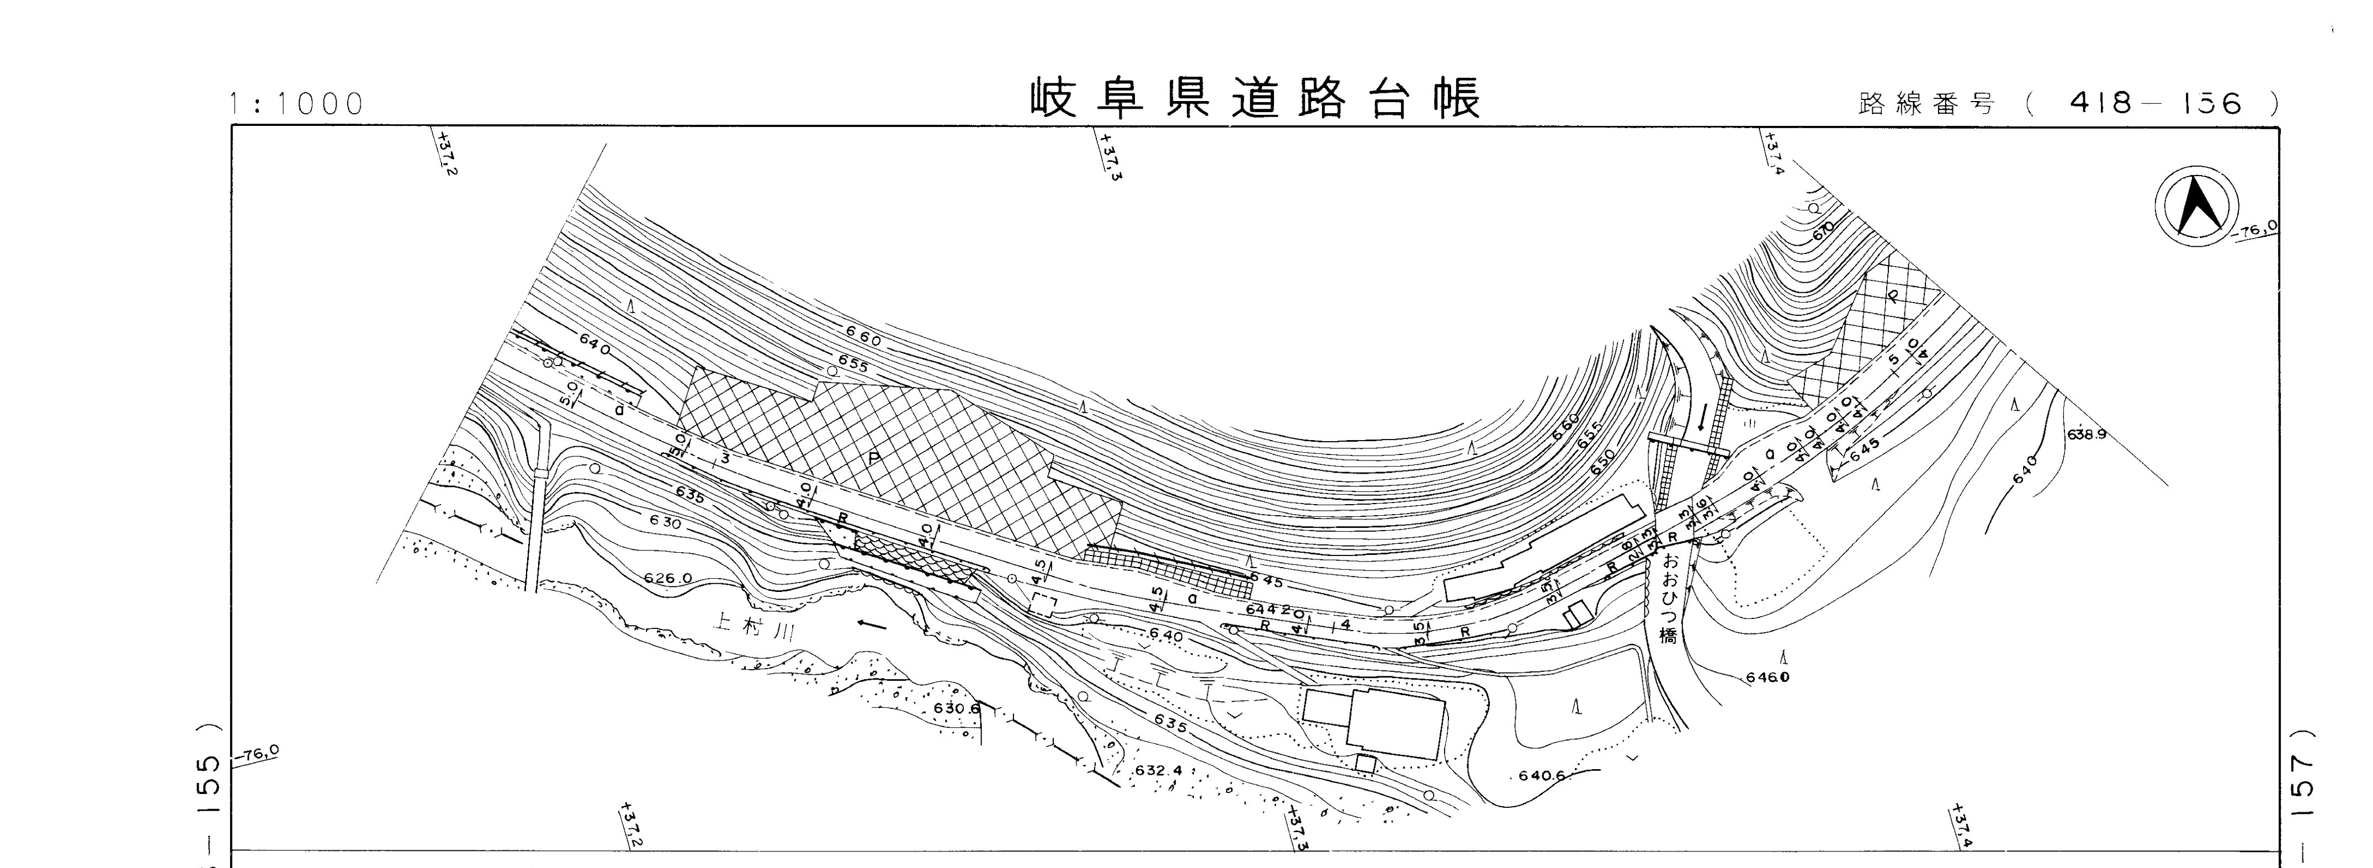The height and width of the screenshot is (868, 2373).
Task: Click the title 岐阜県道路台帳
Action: [x=1255, y=99]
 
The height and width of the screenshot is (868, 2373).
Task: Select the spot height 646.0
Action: [x=1767, y=678]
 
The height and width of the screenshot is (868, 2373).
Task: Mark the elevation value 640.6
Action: [x=1542, y=776]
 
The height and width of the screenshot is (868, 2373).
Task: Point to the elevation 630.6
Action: [x=956, y=708]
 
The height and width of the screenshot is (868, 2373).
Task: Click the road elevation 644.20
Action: [x=1275, y=610]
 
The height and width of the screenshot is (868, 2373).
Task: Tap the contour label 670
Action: [x=1822, y=230]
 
